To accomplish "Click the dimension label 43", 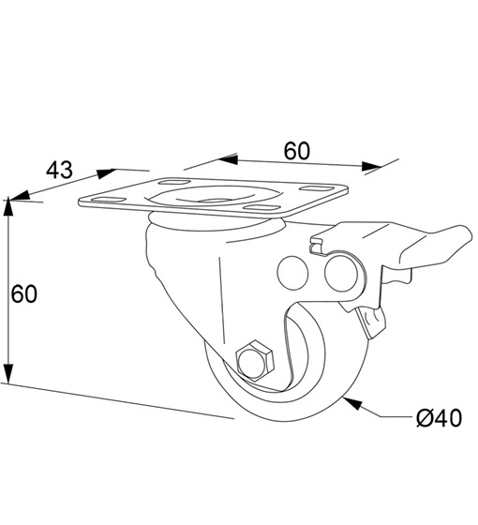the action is click(59, 170).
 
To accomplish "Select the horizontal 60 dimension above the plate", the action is click(297, 151).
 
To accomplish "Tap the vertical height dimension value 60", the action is click(23, 294).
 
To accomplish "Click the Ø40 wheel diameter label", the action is click(439, 418).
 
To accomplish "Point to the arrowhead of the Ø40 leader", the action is click(352, 403).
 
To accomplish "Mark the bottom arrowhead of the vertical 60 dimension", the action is click(8, 373).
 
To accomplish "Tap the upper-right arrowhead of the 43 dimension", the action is click(106, 173).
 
